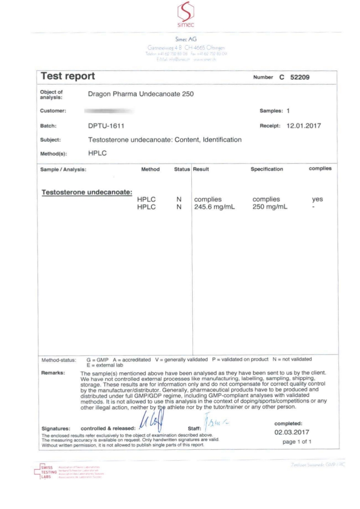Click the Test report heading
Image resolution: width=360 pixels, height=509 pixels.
[68, 77]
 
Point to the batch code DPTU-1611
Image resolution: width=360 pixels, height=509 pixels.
[106, 126]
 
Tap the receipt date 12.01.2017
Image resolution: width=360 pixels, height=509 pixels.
[303, 126]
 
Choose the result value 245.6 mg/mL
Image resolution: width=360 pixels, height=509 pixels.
[214, 207]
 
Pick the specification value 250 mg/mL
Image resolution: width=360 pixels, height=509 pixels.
[270, 207]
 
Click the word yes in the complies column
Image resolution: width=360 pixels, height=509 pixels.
[318, 200]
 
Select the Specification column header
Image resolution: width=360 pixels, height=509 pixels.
[267, 169]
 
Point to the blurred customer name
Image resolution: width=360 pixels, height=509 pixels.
[109, 112]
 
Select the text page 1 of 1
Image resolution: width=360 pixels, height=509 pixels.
[297, 441]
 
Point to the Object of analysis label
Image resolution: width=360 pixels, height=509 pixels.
[51, 94]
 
